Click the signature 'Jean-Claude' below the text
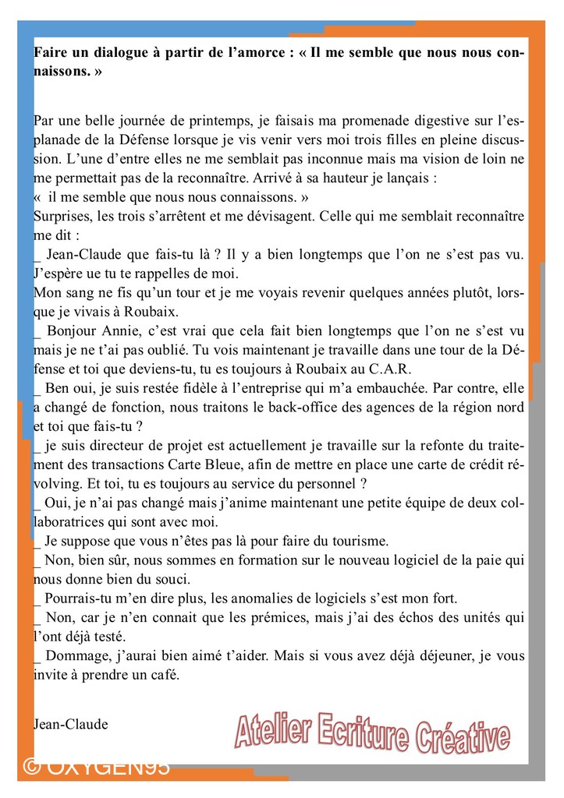click(71, 724)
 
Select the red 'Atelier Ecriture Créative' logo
click(372, 735)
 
